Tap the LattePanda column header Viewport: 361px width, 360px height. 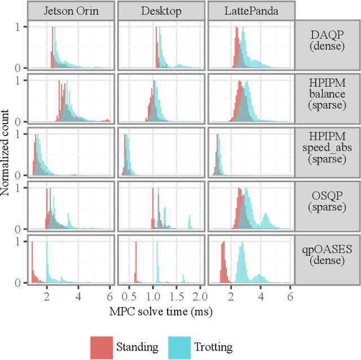pyautogui.click(x=252, y=10)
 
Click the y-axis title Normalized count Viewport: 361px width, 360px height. pyautogui.click(x=7, y=152)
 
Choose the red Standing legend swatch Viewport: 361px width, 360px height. pyautogui.click(x=100, y=346)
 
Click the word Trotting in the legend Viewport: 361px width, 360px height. pyautogui.click(x=213, y=347)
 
